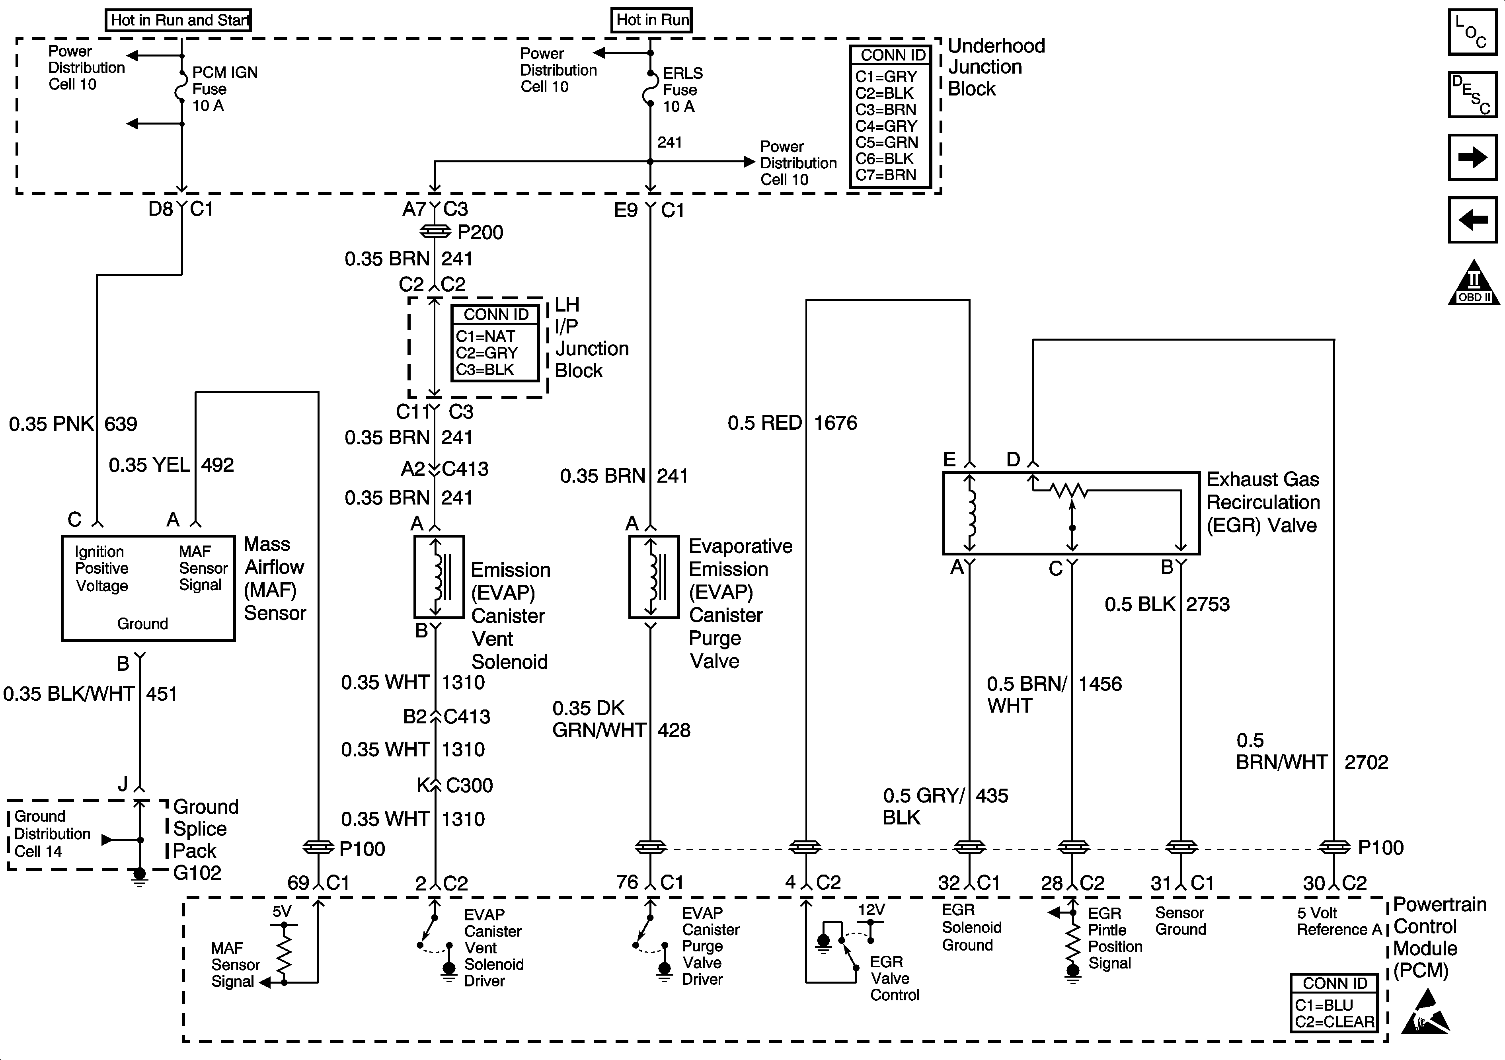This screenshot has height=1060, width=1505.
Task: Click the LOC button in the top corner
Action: pos(1472,31)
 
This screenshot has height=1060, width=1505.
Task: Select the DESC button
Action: pos(1472,94)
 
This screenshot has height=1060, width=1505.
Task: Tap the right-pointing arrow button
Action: pos(1472,157)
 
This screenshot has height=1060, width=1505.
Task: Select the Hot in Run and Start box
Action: pos(178,20)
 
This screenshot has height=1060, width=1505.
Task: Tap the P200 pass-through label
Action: pos(480,232)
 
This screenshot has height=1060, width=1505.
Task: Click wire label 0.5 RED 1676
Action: pos(792,423)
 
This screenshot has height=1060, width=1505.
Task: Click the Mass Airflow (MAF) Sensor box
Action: pos(148,588)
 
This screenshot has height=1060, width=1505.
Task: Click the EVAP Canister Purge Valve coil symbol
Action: pos(653,577)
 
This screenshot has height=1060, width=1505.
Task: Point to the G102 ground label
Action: pos(197,873)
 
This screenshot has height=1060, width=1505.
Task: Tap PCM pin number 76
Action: pos(627,883)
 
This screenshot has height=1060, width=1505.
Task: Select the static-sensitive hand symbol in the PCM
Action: pos(1426,1013)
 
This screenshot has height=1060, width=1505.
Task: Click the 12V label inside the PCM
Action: pos(872,910)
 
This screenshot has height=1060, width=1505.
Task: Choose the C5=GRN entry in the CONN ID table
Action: pos(886,142)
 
